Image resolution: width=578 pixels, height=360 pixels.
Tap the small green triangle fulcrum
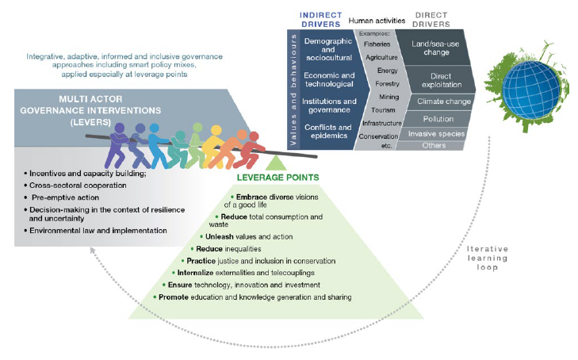[275, 163]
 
